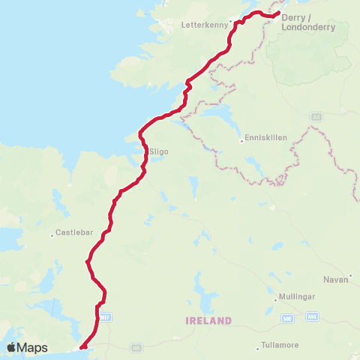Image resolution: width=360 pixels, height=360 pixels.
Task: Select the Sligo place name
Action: pos(159,151)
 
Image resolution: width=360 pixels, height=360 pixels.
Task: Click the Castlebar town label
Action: pos(73,234)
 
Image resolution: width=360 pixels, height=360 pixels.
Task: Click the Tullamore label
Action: pos(281,345)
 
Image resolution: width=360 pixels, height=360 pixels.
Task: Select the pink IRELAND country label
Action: pos(208,320)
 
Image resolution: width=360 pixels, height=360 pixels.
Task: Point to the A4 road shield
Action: pos(315,116)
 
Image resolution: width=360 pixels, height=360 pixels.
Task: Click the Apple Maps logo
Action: pos(28,347)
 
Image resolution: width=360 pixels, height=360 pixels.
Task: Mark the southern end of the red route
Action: pos(81,346)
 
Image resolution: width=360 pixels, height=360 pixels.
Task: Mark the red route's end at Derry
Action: pos(277,13)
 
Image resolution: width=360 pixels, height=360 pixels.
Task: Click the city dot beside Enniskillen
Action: pos(241,139)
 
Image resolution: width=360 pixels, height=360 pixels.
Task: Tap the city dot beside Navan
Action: pos(350,275)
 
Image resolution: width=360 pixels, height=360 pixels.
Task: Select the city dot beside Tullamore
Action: pos(256,345)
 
